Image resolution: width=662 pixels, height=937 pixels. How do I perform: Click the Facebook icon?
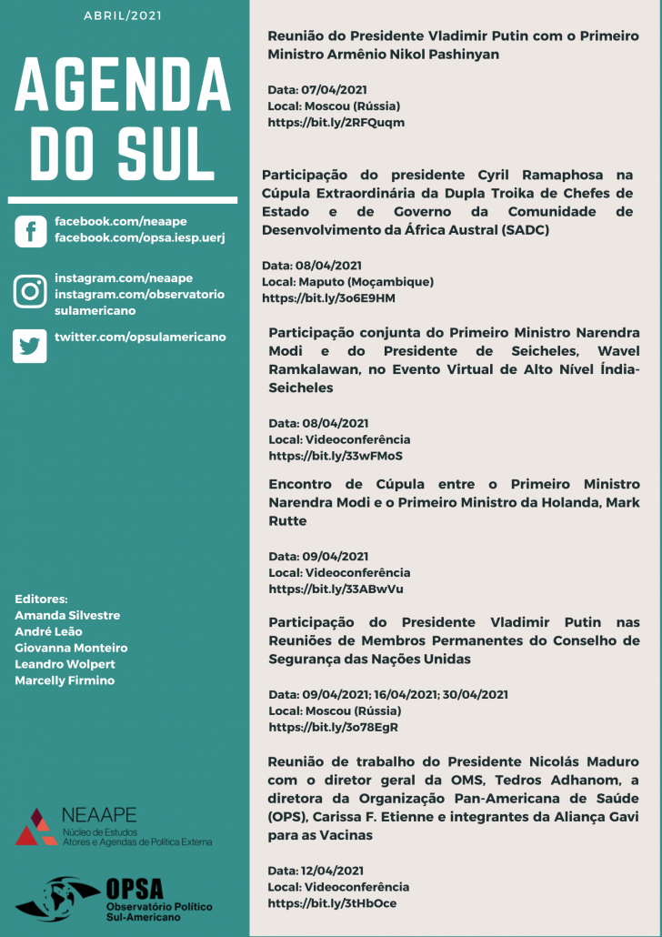(x=30, y=231)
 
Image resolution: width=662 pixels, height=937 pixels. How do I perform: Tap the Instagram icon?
(x=30, y=292)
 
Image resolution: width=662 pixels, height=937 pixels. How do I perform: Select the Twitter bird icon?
(x=30, y=346)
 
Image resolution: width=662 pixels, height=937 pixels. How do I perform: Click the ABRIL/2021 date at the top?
(x=123, y=16)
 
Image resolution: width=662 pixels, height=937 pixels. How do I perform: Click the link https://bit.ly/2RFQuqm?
(x=336, y=122)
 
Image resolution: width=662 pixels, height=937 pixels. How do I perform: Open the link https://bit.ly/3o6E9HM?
(x=328, y=297)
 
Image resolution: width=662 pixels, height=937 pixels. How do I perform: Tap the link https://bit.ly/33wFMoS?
(x=336, y=455)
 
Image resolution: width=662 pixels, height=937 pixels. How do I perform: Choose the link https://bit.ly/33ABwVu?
(x=336, y=589)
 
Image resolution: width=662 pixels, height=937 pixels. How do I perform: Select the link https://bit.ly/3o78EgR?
(x=334, y=727)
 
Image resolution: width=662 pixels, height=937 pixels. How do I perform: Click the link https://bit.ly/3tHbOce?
(x=332, y=903)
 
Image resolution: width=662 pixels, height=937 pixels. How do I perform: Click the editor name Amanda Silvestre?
(x=67, y=615)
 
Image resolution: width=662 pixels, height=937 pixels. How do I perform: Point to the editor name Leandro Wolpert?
(x=65, y=664)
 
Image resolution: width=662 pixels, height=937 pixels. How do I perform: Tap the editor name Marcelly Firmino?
(x=65, y=680)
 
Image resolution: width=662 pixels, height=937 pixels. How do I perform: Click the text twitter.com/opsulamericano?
(x=140, y=337)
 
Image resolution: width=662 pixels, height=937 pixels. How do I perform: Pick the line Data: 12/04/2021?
(x=316, y=871)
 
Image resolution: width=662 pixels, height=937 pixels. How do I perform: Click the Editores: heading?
(x=41, y=599)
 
